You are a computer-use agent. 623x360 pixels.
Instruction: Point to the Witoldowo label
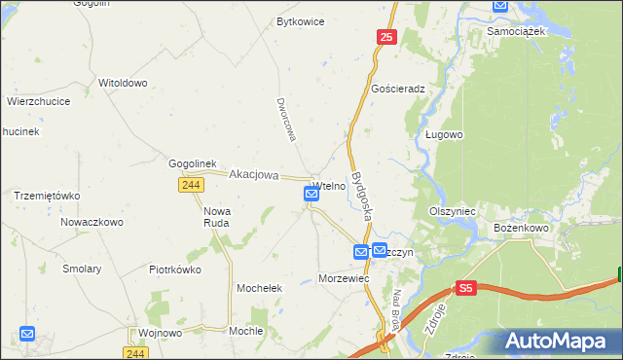(123, 83)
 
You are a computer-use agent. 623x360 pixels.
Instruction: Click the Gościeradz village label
(399, 88)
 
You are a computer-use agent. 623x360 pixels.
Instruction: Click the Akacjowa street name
(253, 175)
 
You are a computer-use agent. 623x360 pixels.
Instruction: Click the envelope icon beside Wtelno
(311, 195)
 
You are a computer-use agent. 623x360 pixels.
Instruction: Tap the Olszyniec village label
(452, 210)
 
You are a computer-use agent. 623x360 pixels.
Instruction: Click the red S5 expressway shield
(466, 289)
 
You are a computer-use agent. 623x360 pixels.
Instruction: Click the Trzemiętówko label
(46, 195)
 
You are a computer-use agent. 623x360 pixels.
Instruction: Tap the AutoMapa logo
(559, 341)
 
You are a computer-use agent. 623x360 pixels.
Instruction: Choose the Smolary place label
(82, 269)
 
